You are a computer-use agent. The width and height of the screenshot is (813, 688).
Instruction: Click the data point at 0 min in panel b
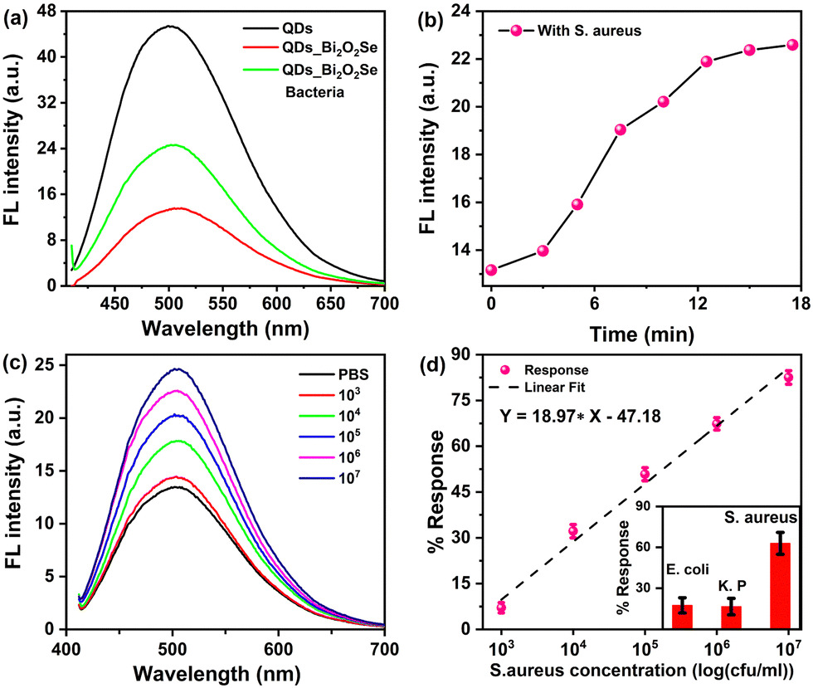491,270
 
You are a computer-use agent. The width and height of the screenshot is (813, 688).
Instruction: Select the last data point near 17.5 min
791,45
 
